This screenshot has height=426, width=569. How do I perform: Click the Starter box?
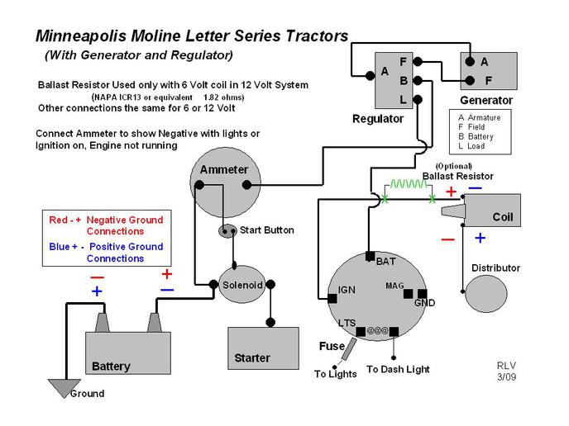point(264,348)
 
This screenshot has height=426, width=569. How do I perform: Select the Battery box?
point(128,353)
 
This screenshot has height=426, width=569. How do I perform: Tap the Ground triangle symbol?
point(65,388)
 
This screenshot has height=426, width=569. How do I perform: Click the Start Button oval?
point(227,231)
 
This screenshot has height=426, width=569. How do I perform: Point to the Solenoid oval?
point(242,285)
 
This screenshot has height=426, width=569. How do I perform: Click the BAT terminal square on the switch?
point(371,257)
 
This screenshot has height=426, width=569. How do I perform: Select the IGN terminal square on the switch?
point(332,299)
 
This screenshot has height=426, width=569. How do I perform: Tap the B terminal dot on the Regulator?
point(418,80)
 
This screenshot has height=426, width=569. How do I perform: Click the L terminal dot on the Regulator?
point(418,99)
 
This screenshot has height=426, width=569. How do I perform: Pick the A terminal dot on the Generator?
point(470,62)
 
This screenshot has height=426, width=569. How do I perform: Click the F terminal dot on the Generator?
point(470,80)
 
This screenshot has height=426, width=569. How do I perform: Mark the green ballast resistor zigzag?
point(409,184)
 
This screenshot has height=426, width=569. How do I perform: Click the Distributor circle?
point(486,293)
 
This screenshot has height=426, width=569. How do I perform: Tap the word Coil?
point(503,217)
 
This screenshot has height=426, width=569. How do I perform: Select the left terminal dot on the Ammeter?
point(199,185)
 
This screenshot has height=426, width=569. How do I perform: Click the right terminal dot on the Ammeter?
point(246,185)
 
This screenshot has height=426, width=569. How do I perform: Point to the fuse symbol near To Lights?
point(348,349)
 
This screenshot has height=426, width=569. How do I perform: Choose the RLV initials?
point(506,366)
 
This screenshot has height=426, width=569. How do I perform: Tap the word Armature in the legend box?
point(484,118)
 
